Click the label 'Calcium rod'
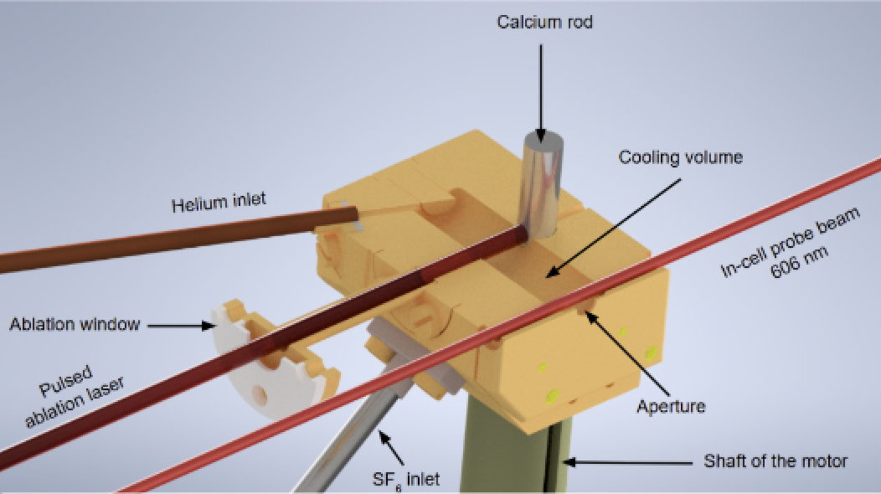click(x=544, y=22)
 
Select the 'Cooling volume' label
click(x=681, y=157)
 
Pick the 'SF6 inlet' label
click(x=407, y=478)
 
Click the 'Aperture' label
click(x=671, y=406)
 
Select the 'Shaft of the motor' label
click(x=775, y=461)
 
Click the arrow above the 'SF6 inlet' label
click(x=391, y=447)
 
